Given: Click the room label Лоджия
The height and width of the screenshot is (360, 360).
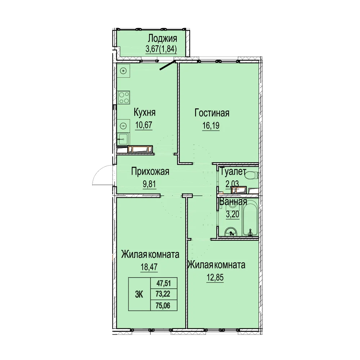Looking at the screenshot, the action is tap(162, 39).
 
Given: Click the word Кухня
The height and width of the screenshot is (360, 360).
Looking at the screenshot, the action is tap(145, 112).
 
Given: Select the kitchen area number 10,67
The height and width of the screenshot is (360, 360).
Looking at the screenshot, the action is tap(144, 125).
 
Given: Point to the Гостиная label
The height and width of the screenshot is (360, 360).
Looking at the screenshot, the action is tap(212, 113).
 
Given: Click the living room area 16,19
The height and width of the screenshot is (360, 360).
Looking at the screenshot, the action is tap(211, 126).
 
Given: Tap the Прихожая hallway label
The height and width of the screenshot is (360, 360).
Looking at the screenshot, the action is tap(150, 171).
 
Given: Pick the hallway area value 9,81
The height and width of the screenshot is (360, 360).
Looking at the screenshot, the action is tap(149, 184).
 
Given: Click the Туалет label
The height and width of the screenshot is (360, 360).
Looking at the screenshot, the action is tap(233, 171).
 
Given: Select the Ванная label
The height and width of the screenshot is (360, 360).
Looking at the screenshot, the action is tap(233, 202).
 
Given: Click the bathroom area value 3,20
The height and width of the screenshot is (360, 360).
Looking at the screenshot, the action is tap(233, 215).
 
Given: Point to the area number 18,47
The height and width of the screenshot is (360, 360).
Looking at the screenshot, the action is tap(149, 267).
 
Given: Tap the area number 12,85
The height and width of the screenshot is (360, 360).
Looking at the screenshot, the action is tap(215, 277).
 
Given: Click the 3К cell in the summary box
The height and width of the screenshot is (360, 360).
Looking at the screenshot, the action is tap(139, 294).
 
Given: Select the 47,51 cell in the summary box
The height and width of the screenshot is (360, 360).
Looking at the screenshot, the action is tap(164, 283).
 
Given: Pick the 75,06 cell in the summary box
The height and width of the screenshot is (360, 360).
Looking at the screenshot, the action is tap(164, 305).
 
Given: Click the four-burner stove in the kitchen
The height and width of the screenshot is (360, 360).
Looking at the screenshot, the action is tap(124, 97).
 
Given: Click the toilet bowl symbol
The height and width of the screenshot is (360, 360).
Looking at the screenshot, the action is tap(252, 176).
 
